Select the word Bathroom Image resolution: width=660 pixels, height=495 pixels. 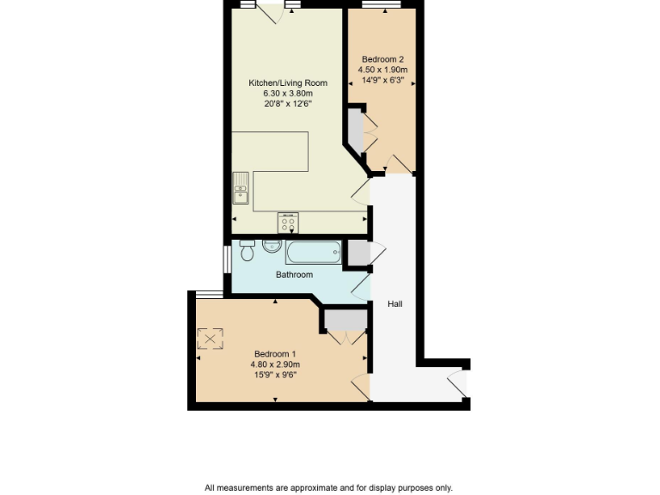(294, 275)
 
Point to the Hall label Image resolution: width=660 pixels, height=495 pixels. (394, 304)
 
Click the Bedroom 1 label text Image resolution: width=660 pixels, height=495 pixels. (275, 353)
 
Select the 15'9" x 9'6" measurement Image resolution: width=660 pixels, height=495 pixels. (275, 374)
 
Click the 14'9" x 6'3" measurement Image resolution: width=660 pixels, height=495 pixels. (382, 79)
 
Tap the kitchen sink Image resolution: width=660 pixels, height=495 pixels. (241, 188)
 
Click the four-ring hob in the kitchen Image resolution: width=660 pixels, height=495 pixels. (288, 223)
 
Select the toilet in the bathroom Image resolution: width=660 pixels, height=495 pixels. (247, 250)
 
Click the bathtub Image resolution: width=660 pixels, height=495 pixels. (313, 253)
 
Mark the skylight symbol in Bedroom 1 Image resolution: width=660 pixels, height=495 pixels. (211, 339)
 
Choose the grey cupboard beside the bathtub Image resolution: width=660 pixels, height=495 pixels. (354, 254)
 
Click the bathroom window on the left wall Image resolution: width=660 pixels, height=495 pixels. (226, 261)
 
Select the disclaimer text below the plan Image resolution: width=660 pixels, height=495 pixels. (328, 487)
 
